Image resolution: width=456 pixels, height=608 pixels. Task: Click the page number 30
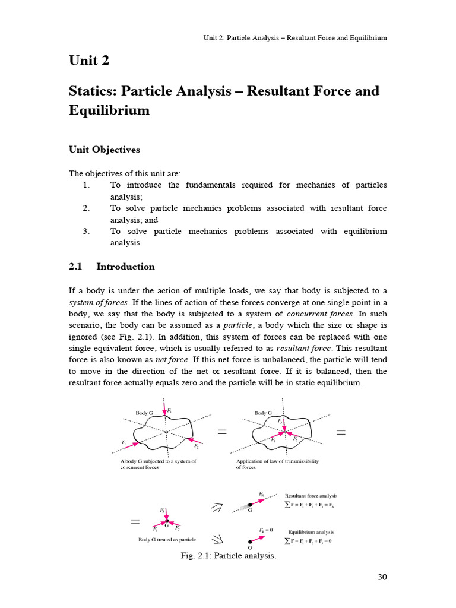(382, 577)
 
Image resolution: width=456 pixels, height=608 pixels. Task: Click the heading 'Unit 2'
(90, 61)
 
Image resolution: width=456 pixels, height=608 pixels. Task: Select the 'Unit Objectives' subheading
(104, 150)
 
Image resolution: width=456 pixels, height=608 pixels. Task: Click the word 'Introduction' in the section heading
(125, 267)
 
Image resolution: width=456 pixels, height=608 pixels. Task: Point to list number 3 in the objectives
(86, 231)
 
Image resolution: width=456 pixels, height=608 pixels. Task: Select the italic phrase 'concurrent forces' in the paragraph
(320, 313)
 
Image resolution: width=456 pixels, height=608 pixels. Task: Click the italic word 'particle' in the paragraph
(239, 325)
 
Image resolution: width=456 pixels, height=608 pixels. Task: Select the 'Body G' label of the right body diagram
(263, 413)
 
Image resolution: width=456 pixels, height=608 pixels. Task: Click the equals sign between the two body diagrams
(222, 433)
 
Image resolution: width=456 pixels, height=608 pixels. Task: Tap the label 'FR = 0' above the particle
(265, 530)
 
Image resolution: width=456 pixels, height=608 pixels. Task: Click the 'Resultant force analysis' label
(311, 496)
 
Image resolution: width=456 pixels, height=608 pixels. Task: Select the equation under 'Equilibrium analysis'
(308, 541)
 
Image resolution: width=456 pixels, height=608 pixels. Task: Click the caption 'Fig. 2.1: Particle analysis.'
(229, 556)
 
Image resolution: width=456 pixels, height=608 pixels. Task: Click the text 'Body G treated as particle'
(167, 540)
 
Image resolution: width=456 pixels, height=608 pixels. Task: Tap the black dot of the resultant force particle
(251, 505)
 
